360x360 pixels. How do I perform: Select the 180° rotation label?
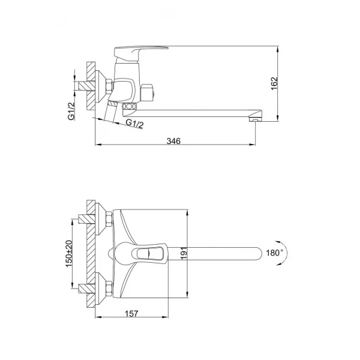click(x=273, y=253)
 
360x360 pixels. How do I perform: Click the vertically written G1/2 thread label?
click(x=71, y=112)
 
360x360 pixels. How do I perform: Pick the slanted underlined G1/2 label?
click(x=134, y=124)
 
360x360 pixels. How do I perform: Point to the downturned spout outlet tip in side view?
click(x=254, y=119)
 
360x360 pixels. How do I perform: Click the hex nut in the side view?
click(x=108, y=86)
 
